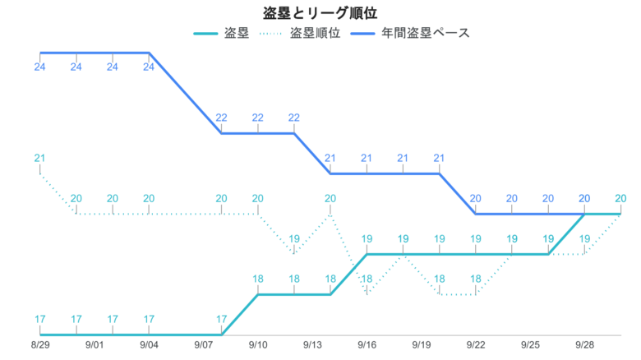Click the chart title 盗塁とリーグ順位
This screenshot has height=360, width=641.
(x=320, y=13)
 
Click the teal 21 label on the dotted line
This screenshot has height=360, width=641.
(x=39, y=158)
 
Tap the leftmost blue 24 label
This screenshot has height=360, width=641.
(x=39, y=67)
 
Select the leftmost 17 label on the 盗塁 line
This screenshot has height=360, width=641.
(x=39, y=319)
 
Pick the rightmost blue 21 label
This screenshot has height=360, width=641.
(x=440, y=158)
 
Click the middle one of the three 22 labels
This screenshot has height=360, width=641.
(x=258, y=118)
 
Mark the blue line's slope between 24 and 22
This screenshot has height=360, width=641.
(x=185, y=92)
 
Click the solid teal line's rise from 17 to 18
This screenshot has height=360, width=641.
(x=240, y=315)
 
